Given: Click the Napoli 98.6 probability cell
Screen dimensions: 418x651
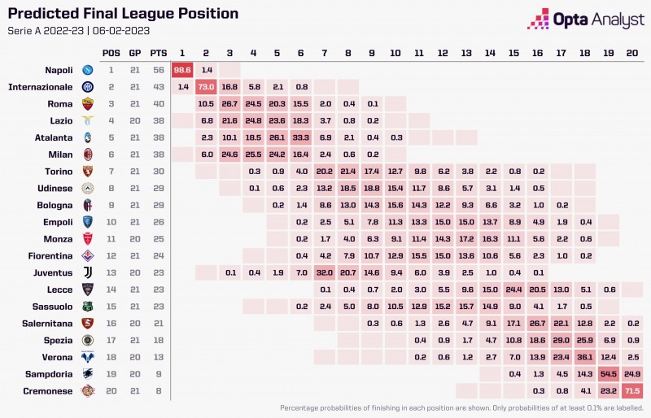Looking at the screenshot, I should pos(182,70).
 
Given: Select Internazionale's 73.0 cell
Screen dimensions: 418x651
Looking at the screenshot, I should pos(206,86).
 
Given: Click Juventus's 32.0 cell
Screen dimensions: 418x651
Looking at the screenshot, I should pos(324,272).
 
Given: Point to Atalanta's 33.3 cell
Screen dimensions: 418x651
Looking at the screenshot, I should pos(300,137).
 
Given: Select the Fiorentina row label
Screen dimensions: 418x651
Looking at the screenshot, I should pos(51,255).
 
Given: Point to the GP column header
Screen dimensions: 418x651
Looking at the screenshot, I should pos(134,53).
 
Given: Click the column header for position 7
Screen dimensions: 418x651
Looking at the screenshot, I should pos(324,53).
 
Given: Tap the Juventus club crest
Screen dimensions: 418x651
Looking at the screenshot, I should pos(88,272).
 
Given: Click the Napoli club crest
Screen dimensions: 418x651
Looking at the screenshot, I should pos(88,70).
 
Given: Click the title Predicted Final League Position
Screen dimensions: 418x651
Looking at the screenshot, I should pos(123,14).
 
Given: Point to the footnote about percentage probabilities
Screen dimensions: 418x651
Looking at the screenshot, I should pos(461,407).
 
